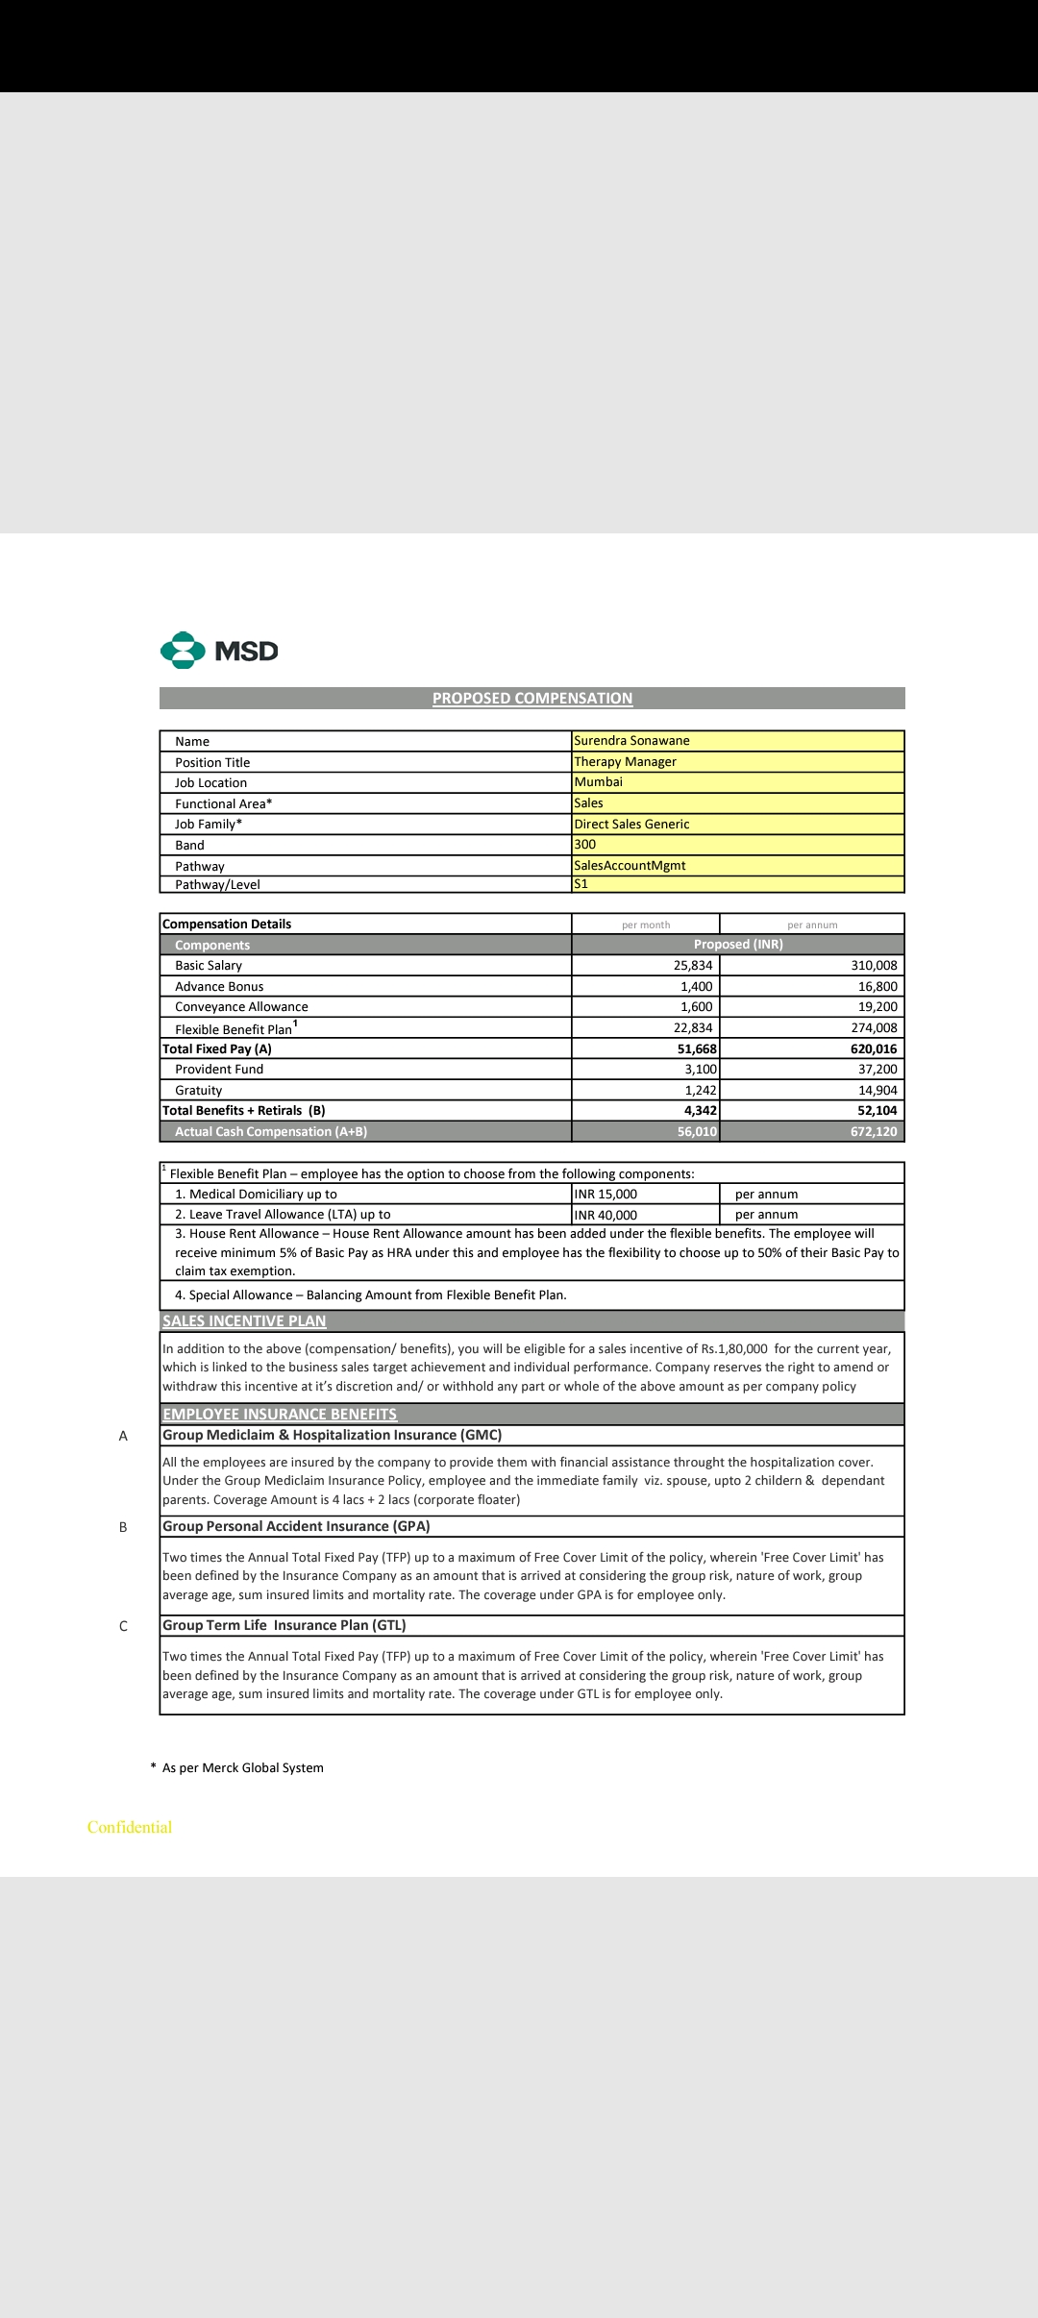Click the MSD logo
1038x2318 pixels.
pos(219,651)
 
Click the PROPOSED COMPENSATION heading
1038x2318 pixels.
pos(532,699)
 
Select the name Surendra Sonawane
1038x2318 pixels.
pos(631,741)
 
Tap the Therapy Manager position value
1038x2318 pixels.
pos(626,762)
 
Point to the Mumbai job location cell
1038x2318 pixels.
pos(598,782)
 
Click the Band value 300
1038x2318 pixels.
pos(585,845)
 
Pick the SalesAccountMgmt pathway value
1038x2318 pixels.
pos(630,866)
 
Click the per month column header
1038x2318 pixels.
pos(646,925)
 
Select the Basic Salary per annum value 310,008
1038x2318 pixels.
pos(874,966)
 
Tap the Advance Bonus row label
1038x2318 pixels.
pos(219,987)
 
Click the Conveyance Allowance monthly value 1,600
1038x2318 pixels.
pos(696,1007)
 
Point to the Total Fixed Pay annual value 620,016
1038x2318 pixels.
pos(873,1049)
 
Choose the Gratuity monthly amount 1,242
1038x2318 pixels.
pos(700,1091)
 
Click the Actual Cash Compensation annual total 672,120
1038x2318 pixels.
pos(873,1132)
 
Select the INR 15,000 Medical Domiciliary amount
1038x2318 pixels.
pos(605,1195)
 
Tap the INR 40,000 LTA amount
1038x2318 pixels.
pos(605,1215)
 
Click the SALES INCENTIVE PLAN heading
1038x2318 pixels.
pos(244,1321)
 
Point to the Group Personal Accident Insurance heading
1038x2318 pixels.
pos(296,1526)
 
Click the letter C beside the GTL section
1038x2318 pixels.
pos(123,1626)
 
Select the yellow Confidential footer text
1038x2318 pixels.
pos(130,1827)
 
